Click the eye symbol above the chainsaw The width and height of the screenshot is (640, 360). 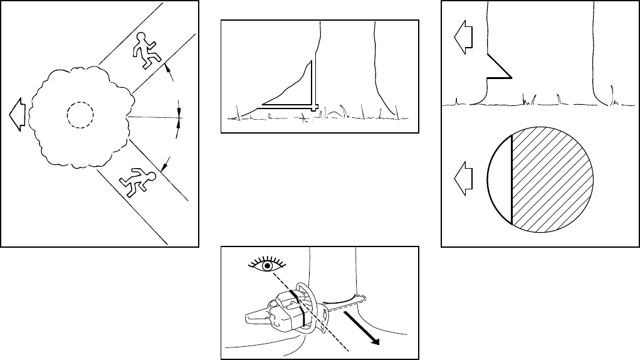click(267, 265)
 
